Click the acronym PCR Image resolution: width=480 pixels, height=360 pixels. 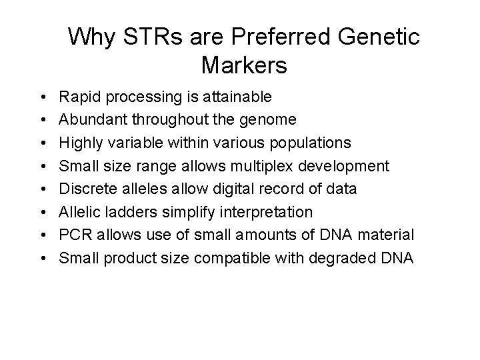pos(75,235)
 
